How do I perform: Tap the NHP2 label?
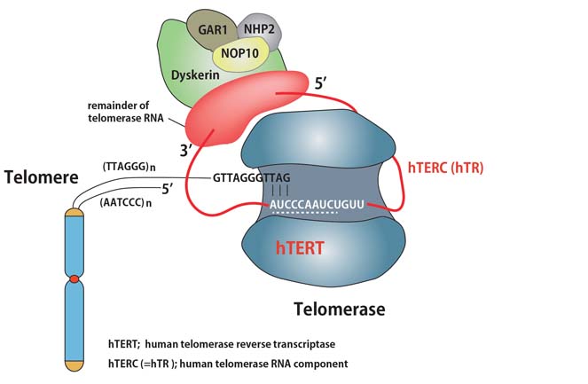[259, 27]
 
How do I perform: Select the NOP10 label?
[232, 52]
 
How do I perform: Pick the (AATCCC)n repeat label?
[129, 203]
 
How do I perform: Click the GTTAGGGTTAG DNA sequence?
[249, 176]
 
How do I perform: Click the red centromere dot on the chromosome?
[74, 280]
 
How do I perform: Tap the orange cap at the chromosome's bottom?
[74, 364]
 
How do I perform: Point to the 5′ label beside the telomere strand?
[166, 188]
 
